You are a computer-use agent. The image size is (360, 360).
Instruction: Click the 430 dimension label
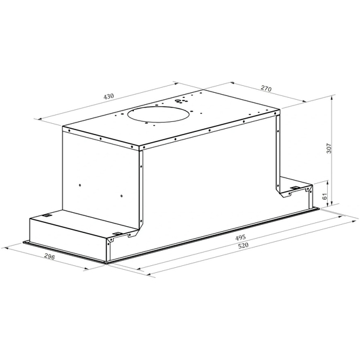(109, 96)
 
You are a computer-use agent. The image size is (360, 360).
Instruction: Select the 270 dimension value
(266, 88)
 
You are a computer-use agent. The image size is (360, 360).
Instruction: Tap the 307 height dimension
(329, 148)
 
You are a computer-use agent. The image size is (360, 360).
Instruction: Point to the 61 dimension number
(325, 196)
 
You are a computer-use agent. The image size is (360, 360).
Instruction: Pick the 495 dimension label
(241, 237)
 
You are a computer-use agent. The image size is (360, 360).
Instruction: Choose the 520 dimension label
(243, 246)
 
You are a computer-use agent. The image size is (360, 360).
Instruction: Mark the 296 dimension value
(50, 256)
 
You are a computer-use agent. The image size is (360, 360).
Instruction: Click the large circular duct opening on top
(159, 114)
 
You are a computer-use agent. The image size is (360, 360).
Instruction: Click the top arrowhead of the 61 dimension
(327, 183)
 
